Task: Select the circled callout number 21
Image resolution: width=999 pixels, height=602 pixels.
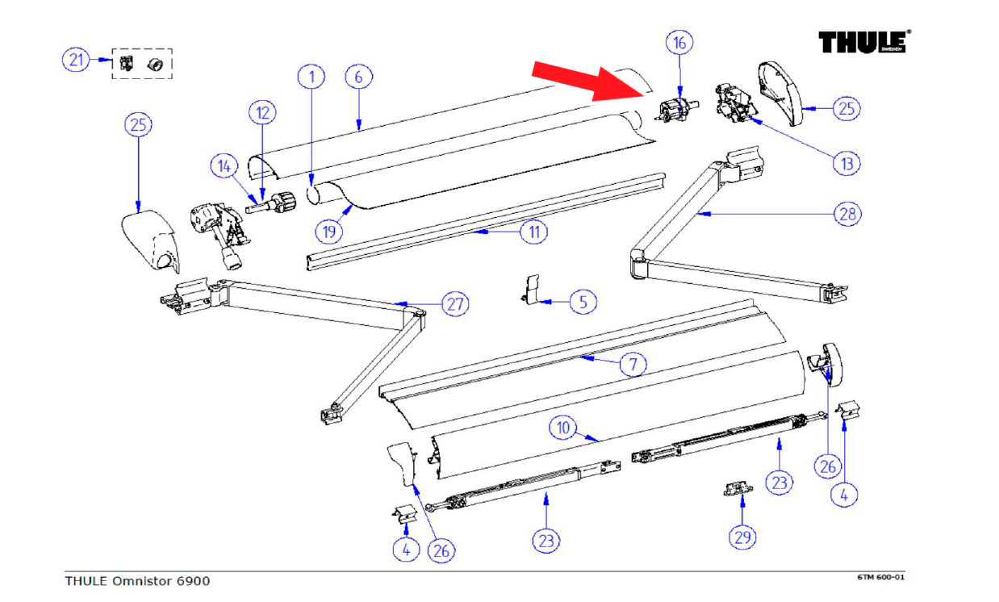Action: point(76,60)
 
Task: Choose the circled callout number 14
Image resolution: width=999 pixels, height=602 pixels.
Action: point(224,167)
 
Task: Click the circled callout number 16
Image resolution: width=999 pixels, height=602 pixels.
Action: point(679,42)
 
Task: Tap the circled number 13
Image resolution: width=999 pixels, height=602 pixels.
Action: point(846,163)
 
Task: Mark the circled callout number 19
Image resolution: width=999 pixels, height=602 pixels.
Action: point(328,232)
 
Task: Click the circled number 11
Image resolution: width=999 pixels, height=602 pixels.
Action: point(534,232)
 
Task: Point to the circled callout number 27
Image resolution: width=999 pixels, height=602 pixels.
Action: point(455,304)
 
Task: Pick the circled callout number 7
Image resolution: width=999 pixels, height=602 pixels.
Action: point(633,364)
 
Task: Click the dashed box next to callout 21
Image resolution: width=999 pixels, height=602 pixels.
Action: point(142,63)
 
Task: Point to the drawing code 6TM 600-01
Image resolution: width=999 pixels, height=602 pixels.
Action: point(886,578)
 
